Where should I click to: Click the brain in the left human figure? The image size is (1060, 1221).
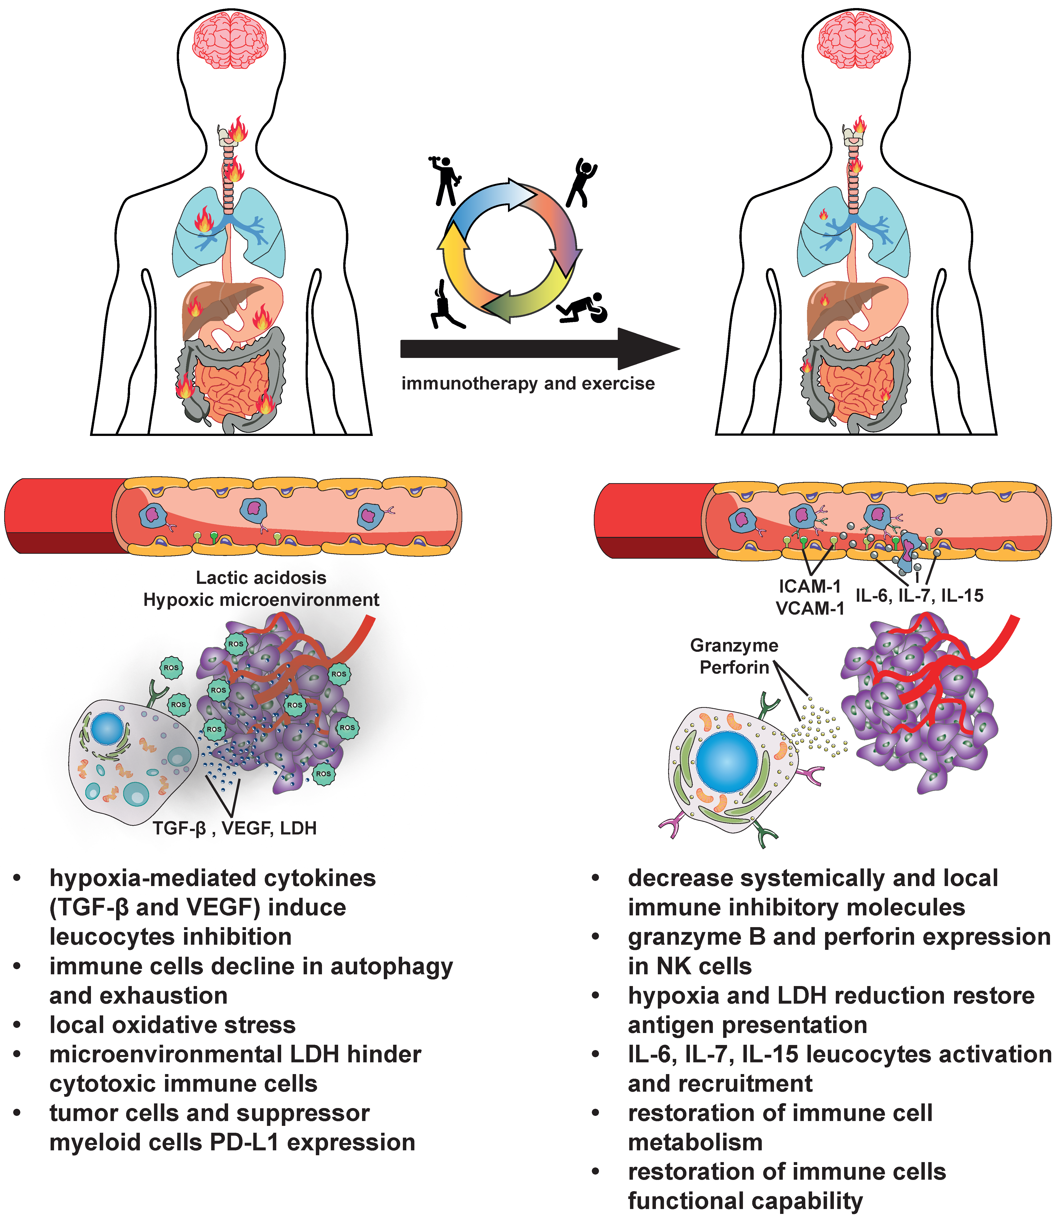point(231,40)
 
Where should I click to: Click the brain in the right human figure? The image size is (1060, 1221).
point(855,40)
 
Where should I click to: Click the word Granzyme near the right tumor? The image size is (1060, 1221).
point(734,645)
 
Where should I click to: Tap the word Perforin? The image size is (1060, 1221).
point(734,668)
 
